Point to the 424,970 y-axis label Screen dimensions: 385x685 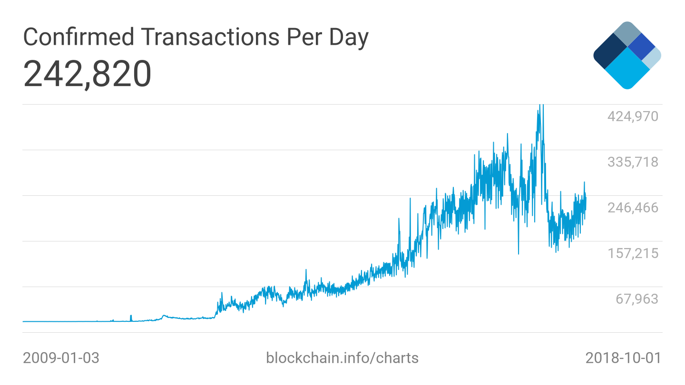pyautogui.click(x=633, y=116)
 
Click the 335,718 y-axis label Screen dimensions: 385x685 pyautogui.click(x=633, y=162)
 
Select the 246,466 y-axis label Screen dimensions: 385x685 pyautogui.click(x=633, y=207)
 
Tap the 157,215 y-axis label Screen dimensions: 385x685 pyautogui.click(x=633, y=253)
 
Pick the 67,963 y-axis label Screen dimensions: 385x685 pyautogui.click(x=637, y=298)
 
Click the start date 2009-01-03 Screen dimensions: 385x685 pyautogui.click(x=61, y=358)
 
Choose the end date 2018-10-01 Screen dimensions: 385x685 pyautogui.click(x=623, y=358)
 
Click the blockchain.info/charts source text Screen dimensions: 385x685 pyautogui.click(x=342, y=358)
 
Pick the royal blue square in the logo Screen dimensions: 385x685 pyautogui.click(x=642, y=47)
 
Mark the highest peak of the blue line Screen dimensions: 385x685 pyautogui.click(x=542, y=106)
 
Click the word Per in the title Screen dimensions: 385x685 pyautogui.click(x=304, y=37)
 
